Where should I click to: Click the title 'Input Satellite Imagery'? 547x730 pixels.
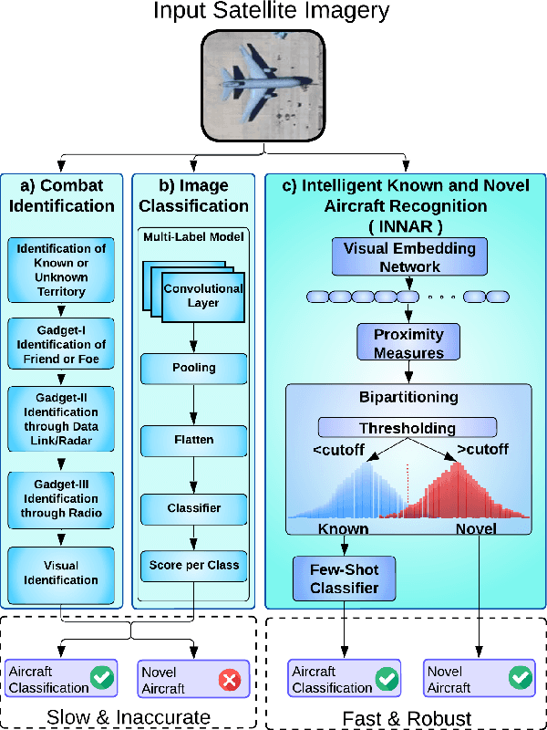pos(271,12)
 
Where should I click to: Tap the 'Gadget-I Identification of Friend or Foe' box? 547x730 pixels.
pos(61,344)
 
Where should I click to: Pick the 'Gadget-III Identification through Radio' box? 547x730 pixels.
pos(61,498)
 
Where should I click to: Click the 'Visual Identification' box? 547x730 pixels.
pos(61,572)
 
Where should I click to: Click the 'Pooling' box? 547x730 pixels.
pos(192,368)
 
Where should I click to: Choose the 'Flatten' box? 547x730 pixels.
pos(192,440)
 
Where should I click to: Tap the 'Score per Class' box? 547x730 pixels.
pos(192,566)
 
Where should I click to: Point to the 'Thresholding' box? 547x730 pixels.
pos(407,427)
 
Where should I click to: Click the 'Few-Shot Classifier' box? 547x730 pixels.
pos(344,579)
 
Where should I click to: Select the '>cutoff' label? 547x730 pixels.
pos(482,449)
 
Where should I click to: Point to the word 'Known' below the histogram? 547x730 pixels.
pos(343,528)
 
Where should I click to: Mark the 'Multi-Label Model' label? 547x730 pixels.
pos(192,237)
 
